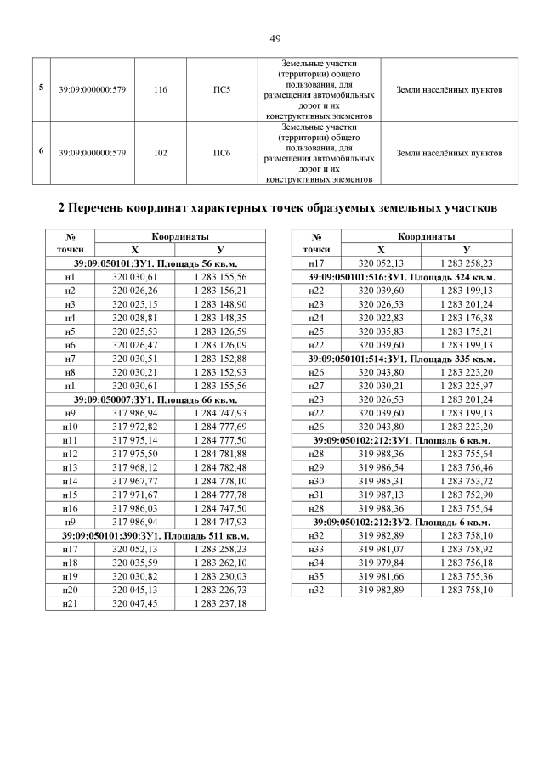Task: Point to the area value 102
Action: [161, 153]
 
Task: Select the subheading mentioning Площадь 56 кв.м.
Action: [155, 264]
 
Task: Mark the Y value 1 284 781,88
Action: [220, 454]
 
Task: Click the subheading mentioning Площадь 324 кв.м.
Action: [401, 278]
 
